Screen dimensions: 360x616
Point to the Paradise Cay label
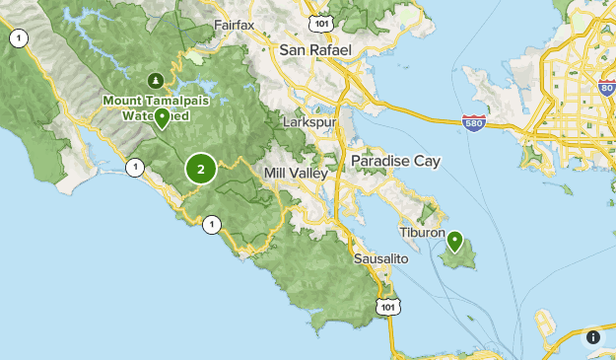[x=395, y=161]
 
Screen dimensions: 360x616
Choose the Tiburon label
[x=424, y=232]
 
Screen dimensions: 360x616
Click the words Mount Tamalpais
[x=144, y=101]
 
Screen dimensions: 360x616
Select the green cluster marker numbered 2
[x=201, y=169]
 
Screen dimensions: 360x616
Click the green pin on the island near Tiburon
[x=454, y=240]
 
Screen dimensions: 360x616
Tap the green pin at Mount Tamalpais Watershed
[x=162, y=117]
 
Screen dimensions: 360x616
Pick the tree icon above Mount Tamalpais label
[x=154, y=80]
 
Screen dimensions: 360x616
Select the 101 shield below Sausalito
[x=387, y=306]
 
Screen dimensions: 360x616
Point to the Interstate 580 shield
[x=474, y=123]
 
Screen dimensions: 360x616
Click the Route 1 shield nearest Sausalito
[x=211, y=226]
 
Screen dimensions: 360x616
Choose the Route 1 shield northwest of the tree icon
[x=17, y=38]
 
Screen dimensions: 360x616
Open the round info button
[x=592, y=336]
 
